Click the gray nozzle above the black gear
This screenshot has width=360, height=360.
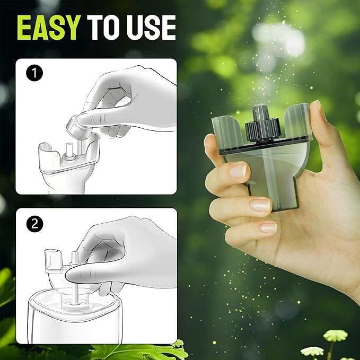point(259,112)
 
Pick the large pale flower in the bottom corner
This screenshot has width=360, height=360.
point(335,336)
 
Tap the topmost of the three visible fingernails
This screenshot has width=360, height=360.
point(238,170)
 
